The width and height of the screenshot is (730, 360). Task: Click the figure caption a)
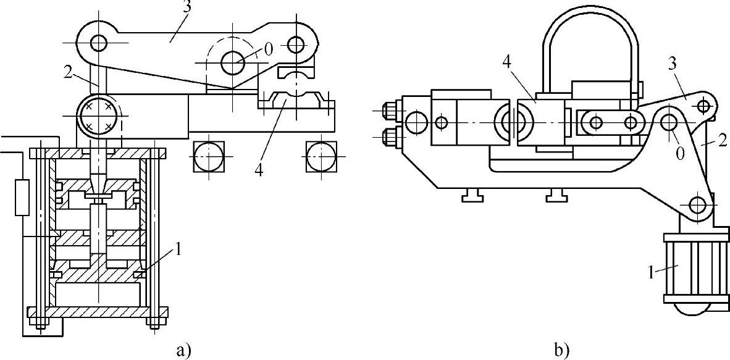pyautogui.click(x=185, y=349)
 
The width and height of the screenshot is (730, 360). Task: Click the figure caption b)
pyautogui.click(x=561, y=349)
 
